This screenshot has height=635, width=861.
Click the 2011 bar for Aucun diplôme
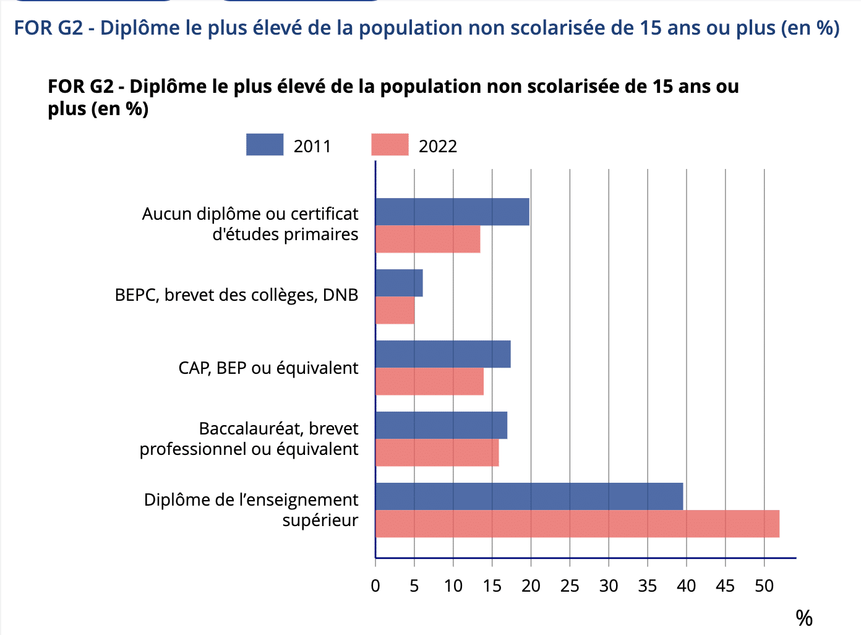click(x=452, y=212)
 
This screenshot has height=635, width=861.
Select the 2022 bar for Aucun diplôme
click(x=427, y=240)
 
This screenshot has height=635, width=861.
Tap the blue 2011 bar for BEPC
click(x=399, y=283)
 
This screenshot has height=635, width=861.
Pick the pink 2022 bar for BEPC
click(x=395, y=311)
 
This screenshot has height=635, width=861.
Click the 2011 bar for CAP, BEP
click(x=443, y=354)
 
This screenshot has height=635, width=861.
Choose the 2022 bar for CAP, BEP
click(x=429, y=382)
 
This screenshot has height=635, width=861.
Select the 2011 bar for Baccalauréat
click(x=441, y=425)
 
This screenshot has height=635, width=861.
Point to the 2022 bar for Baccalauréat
click(x=437, y=453)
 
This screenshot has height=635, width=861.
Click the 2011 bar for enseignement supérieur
click(x=529, y=496)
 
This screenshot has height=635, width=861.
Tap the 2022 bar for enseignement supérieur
click(x=577, y=524)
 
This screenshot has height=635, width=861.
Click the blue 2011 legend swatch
click(x=265, y=145)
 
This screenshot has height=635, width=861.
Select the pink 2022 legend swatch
click(x=390, y=145)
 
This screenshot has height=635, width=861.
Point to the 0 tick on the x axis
click(x=375, y=585)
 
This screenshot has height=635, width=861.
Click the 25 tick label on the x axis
click(x=570, y=585)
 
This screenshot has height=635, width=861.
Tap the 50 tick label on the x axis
click(x=764, y=585)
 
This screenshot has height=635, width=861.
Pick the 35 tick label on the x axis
click(x=648, y=585)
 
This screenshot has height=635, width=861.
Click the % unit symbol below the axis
click(x=803, y=618)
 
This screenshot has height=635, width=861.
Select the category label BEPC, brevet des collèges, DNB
click(x=236, y=295)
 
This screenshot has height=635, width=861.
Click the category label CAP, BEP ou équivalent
click(x=268, y=368)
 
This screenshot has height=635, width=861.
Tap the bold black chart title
click(x=393, y=97)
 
